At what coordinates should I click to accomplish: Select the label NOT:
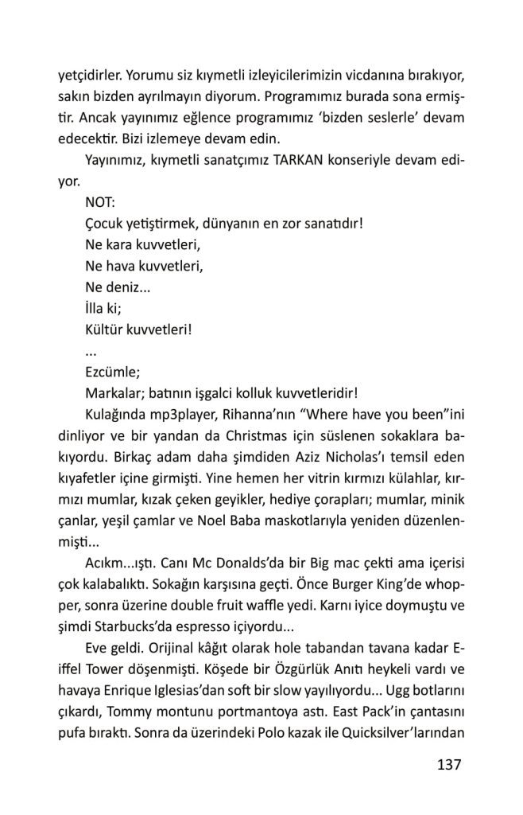click(x=99, y=202)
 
